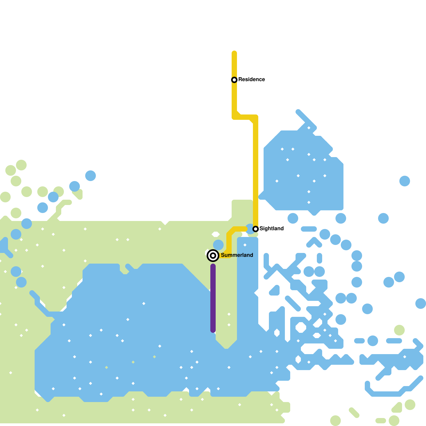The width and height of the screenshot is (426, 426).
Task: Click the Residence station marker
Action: click(234, 80)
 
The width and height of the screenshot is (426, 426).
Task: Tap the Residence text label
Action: click(251, 80)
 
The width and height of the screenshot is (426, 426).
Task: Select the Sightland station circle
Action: click(256, 229)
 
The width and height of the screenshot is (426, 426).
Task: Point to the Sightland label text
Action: click(271, 229)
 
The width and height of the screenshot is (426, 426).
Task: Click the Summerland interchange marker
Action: click(213, 256)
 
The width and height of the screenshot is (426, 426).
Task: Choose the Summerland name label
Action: click(237, 255)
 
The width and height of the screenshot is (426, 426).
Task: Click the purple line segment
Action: click(213, 298)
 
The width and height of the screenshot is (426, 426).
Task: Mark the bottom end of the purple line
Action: click(213, 330)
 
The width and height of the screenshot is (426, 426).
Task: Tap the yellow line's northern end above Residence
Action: click(234, 53)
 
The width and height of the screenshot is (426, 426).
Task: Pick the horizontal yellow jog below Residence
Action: click(245, 117)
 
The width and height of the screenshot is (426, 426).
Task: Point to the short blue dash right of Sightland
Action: click(309, 229)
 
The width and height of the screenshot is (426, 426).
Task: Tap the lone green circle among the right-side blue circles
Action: click(399, 330)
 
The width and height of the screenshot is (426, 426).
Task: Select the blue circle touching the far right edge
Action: click(421, 304)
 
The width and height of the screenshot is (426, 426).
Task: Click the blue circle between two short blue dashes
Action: click(373, 341)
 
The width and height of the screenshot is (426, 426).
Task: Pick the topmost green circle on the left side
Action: click(21, 165)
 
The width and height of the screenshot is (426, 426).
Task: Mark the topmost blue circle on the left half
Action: click(91, 176)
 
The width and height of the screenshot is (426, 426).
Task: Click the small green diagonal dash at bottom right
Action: click(354, 412)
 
